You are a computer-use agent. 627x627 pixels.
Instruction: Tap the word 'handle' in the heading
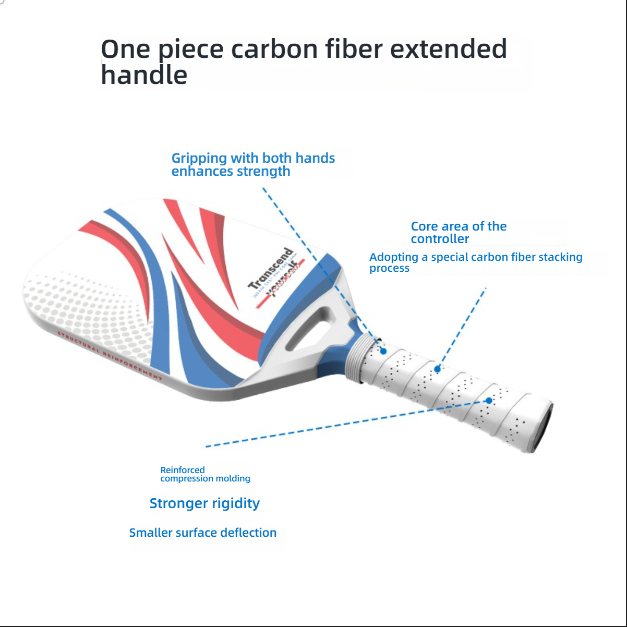point(144,75)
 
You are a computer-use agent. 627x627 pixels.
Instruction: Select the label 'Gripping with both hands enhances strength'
point(253,164)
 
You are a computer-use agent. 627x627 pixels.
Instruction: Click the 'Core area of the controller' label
point(459,233)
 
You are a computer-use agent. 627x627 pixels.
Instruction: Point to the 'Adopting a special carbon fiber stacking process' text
point(476,262)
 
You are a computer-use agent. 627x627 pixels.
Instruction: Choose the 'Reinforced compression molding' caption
point(205,474)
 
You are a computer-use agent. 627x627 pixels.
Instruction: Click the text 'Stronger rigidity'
point(204,503)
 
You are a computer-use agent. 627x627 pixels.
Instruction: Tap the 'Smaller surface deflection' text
point(203,533)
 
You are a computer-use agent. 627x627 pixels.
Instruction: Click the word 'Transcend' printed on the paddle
point(271,269)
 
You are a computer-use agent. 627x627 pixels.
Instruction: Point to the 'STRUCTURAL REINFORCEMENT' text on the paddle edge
point(110,356)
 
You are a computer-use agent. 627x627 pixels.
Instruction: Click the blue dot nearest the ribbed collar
point(383,351)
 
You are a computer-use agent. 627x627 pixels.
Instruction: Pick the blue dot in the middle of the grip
point(438,369)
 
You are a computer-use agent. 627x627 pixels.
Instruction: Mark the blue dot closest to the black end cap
point(489,401)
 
